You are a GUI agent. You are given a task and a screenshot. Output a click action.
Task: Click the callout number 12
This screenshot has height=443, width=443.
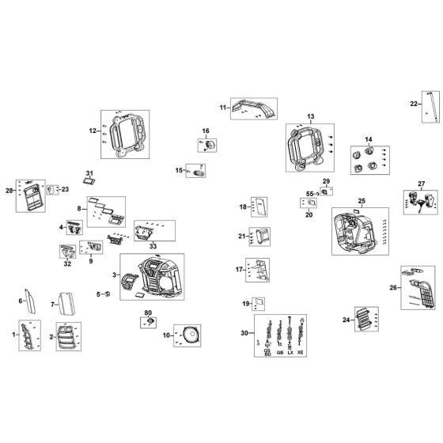(93, 131)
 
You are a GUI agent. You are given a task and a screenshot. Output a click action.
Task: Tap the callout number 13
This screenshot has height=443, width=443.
(311, 115)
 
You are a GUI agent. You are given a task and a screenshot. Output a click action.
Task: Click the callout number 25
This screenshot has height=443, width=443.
(362, 201)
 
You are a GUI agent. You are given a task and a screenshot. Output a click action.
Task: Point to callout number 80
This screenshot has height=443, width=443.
(148, 314)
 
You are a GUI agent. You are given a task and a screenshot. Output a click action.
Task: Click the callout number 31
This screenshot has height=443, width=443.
(89, 172)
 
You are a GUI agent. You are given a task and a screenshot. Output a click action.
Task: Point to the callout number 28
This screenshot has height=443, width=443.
(9, 191)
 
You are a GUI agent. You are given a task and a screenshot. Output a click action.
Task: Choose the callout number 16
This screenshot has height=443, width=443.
(204, 131)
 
